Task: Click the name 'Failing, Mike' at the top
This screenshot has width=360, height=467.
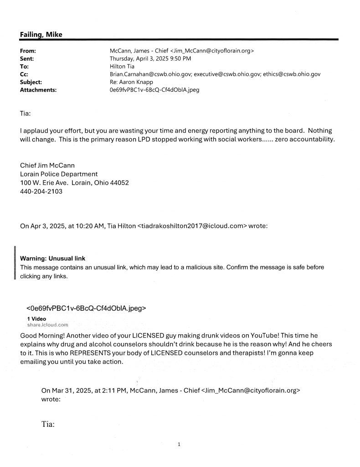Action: [x=41, y=35]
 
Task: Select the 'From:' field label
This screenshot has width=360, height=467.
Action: [x=28, y=51]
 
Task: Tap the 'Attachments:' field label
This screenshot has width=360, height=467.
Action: [x=38, y=90]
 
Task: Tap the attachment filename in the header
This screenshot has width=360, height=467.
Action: [x=151, y=90]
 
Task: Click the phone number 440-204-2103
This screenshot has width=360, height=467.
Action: [x=41, y=192]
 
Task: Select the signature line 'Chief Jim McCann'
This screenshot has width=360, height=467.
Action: [x=47, y=165]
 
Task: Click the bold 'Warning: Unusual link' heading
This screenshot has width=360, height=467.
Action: [x=52, y=259]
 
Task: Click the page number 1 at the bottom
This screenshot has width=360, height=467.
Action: [x=180, y=444]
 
